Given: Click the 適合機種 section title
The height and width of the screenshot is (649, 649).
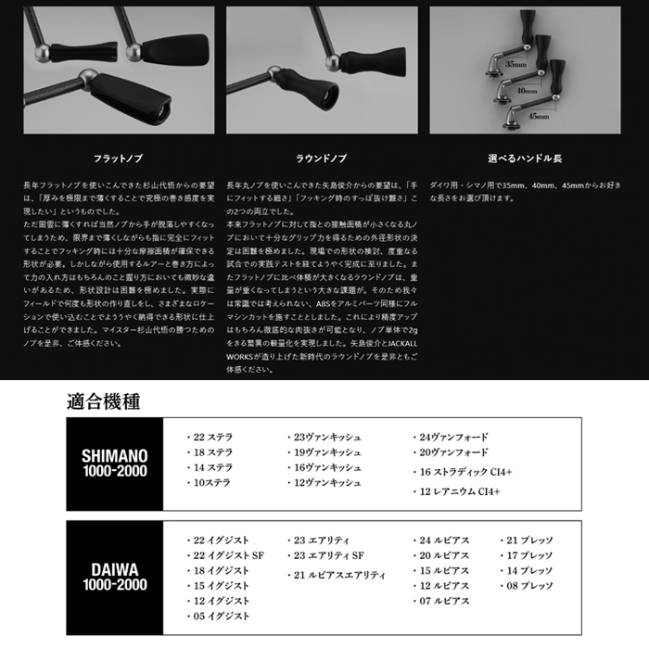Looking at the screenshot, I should point(105,401).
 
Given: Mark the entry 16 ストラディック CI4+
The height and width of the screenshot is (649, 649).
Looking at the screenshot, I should point(464,472).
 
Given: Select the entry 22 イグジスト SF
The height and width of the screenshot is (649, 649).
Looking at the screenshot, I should point(227,554).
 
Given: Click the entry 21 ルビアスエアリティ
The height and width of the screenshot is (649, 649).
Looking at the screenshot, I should point(338,575).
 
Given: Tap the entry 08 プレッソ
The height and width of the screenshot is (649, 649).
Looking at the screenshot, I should point(529,586).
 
